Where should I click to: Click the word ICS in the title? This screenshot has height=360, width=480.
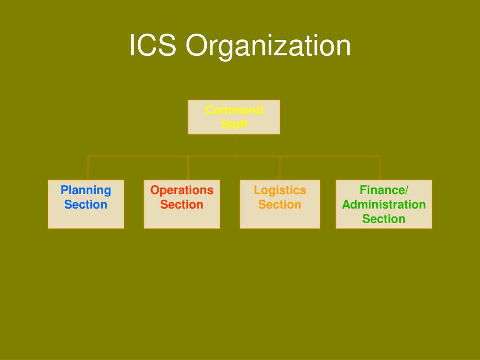click(x=152, y=45)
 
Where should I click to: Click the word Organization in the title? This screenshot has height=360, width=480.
click(x=268, y=46)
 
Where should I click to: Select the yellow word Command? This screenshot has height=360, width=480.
click(x=234, y=110)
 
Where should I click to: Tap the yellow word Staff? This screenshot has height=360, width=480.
click(x=234, y=124)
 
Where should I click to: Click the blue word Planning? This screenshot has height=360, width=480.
click(x=86, y=190)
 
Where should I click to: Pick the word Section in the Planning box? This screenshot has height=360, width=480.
click(x=86, y=204)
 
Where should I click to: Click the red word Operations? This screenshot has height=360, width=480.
click(x=182, y=190)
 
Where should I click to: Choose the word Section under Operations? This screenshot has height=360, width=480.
click(x=182, y=204)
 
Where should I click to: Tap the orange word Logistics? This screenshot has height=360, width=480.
click(x=280, y=190)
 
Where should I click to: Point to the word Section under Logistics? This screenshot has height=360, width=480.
click(x=280, y=204)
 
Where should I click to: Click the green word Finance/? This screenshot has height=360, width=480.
click(x=384, y=190)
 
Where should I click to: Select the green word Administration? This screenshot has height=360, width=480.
click(x=384, y=204)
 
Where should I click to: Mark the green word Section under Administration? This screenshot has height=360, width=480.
click(x=384, y=219)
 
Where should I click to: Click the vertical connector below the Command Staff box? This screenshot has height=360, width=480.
click(x=236, y=145)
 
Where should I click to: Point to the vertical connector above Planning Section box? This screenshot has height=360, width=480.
click(x=88, y=168)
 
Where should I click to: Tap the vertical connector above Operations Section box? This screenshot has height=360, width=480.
click(x=188, y=168)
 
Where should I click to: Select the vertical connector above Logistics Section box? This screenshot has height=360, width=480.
click(x=280, y=168)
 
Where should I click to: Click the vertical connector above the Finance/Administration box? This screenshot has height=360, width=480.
click(x=380, y=168)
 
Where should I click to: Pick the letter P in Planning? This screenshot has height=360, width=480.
click(x=65, y=190)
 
